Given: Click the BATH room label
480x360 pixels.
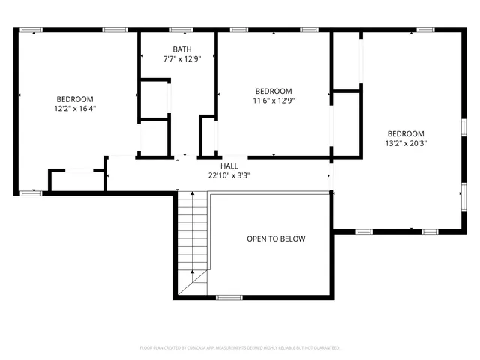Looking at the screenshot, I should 182,49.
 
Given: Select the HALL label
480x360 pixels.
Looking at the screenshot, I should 229,166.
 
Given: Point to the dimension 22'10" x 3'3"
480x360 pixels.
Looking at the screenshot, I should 229,175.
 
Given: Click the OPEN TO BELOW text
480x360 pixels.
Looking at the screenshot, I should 276,238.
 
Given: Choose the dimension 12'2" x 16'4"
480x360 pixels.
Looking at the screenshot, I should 75,109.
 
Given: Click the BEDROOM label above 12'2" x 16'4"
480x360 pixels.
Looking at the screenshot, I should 75,99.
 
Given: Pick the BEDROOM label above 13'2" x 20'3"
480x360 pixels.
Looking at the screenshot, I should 406,133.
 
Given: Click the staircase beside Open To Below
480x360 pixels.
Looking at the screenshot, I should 193,240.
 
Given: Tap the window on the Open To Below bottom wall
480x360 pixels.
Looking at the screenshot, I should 228,297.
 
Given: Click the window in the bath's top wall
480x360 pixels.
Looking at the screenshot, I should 179,30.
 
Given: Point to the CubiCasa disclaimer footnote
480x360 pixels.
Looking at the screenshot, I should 240,348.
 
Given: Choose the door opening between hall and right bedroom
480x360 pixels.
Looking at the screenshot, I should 331,176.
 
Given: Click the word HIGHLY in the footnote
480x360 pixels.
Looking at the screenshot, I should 286,348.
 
